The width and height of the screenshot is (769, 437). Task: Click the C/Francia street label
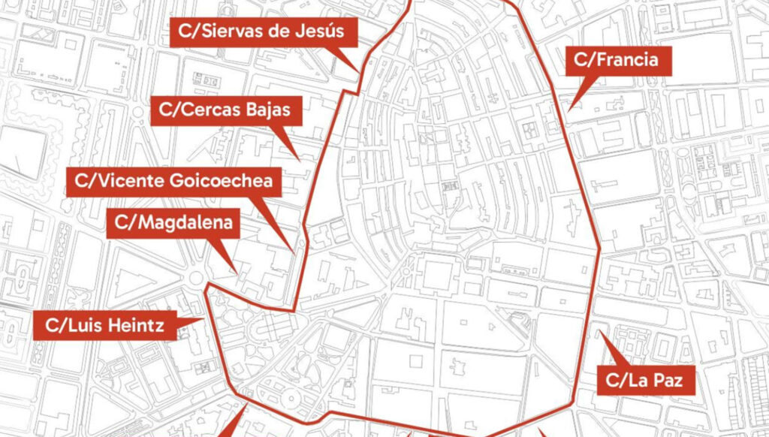[x=617, y=61]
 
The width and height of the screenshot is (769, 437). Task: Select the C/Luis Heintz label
[x=104, y=326]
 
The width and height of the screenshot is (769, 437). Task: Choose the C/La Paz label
[x=645, y=380]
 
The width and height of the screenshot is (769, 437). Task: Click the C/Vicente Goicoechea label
[x=174, y=181]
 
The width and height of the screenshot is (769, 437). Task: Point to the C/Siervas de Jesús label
[x=263, y=32]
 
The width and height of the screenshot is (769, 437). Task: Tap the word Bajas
[x=273, y=111]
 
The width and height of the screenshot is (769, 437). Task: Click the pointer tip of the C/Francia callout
[x=568, y=110]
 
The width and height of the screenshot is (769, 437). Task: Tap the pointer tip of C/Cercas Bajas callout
[x=300, y=160]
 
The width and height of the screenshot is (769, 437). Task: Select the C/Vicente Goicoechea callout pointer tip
[x=293, y=251]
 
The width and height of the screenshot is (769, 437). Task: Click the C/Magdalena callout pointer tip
[x=238, y=272]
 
